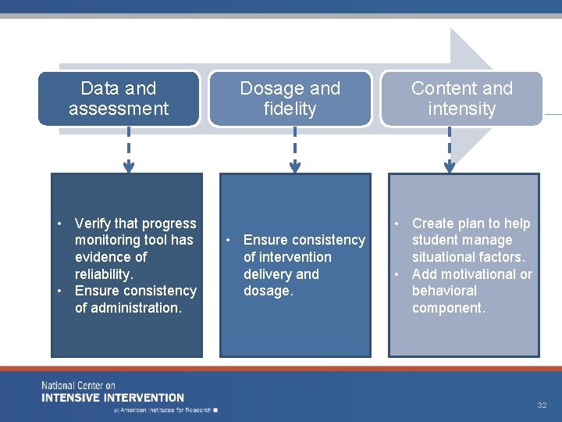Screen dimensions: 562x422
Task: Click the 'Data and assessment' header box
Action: pos(119,98)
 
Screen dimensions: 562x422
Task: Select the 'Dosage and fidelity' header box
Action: pos(290,98)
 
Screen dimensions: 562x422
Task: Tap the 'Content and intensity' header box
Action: pos(461,98)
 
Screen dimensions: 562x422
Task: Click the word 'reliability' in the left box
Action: pos(104,274)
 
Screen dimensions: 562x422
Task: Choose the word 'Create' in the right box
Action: pos(433,224)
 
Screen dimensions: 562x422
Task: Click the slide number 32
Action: pos(542,406)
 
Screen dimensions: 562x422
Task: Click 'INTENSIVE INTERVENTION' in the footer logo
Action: pos(113,397)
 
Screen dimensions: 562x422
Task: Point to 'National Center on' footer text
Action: pos(78,386)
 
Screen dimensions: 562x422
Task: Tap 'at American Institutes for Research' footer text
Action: pos(164,409)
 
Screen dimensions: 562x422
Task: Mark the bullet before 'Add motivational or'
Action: pos(397,274)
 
